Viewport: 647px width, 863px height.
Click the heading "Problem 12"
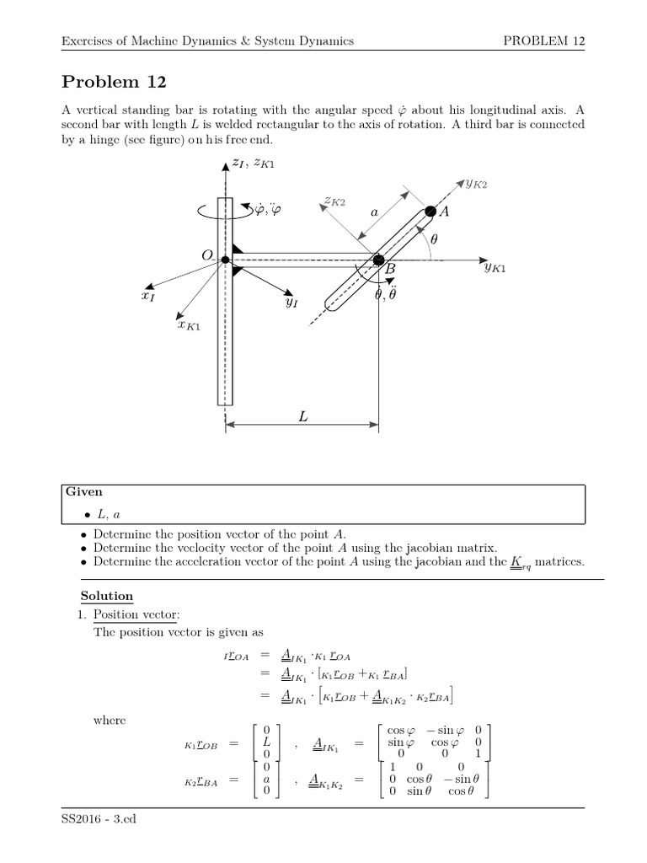[x=115, y=82]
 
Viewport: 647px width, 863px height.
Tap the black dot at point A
[x=430, y=211]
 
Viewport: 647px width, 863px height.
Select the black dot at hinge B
[x=379, y=260]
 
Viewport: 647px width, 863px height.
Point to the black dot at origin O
[x=225, y=260]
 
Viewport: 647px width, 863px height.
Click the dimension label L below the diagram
[x=302, y=415]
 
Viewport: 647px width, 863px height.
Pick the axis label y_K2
[x=477, y=183]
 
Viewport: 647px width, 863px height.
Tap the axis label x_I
[x=148, y=297]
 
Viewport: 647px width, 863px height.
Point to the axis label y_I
[x=291, y=302]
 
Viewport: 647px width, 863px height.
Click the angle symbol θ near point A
[x=434, y=239]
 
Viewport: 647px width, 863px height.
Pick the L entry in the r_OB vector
[x=265, y=742]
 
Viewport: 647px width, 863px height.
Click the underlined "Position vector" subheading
[x=129, y=614]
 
